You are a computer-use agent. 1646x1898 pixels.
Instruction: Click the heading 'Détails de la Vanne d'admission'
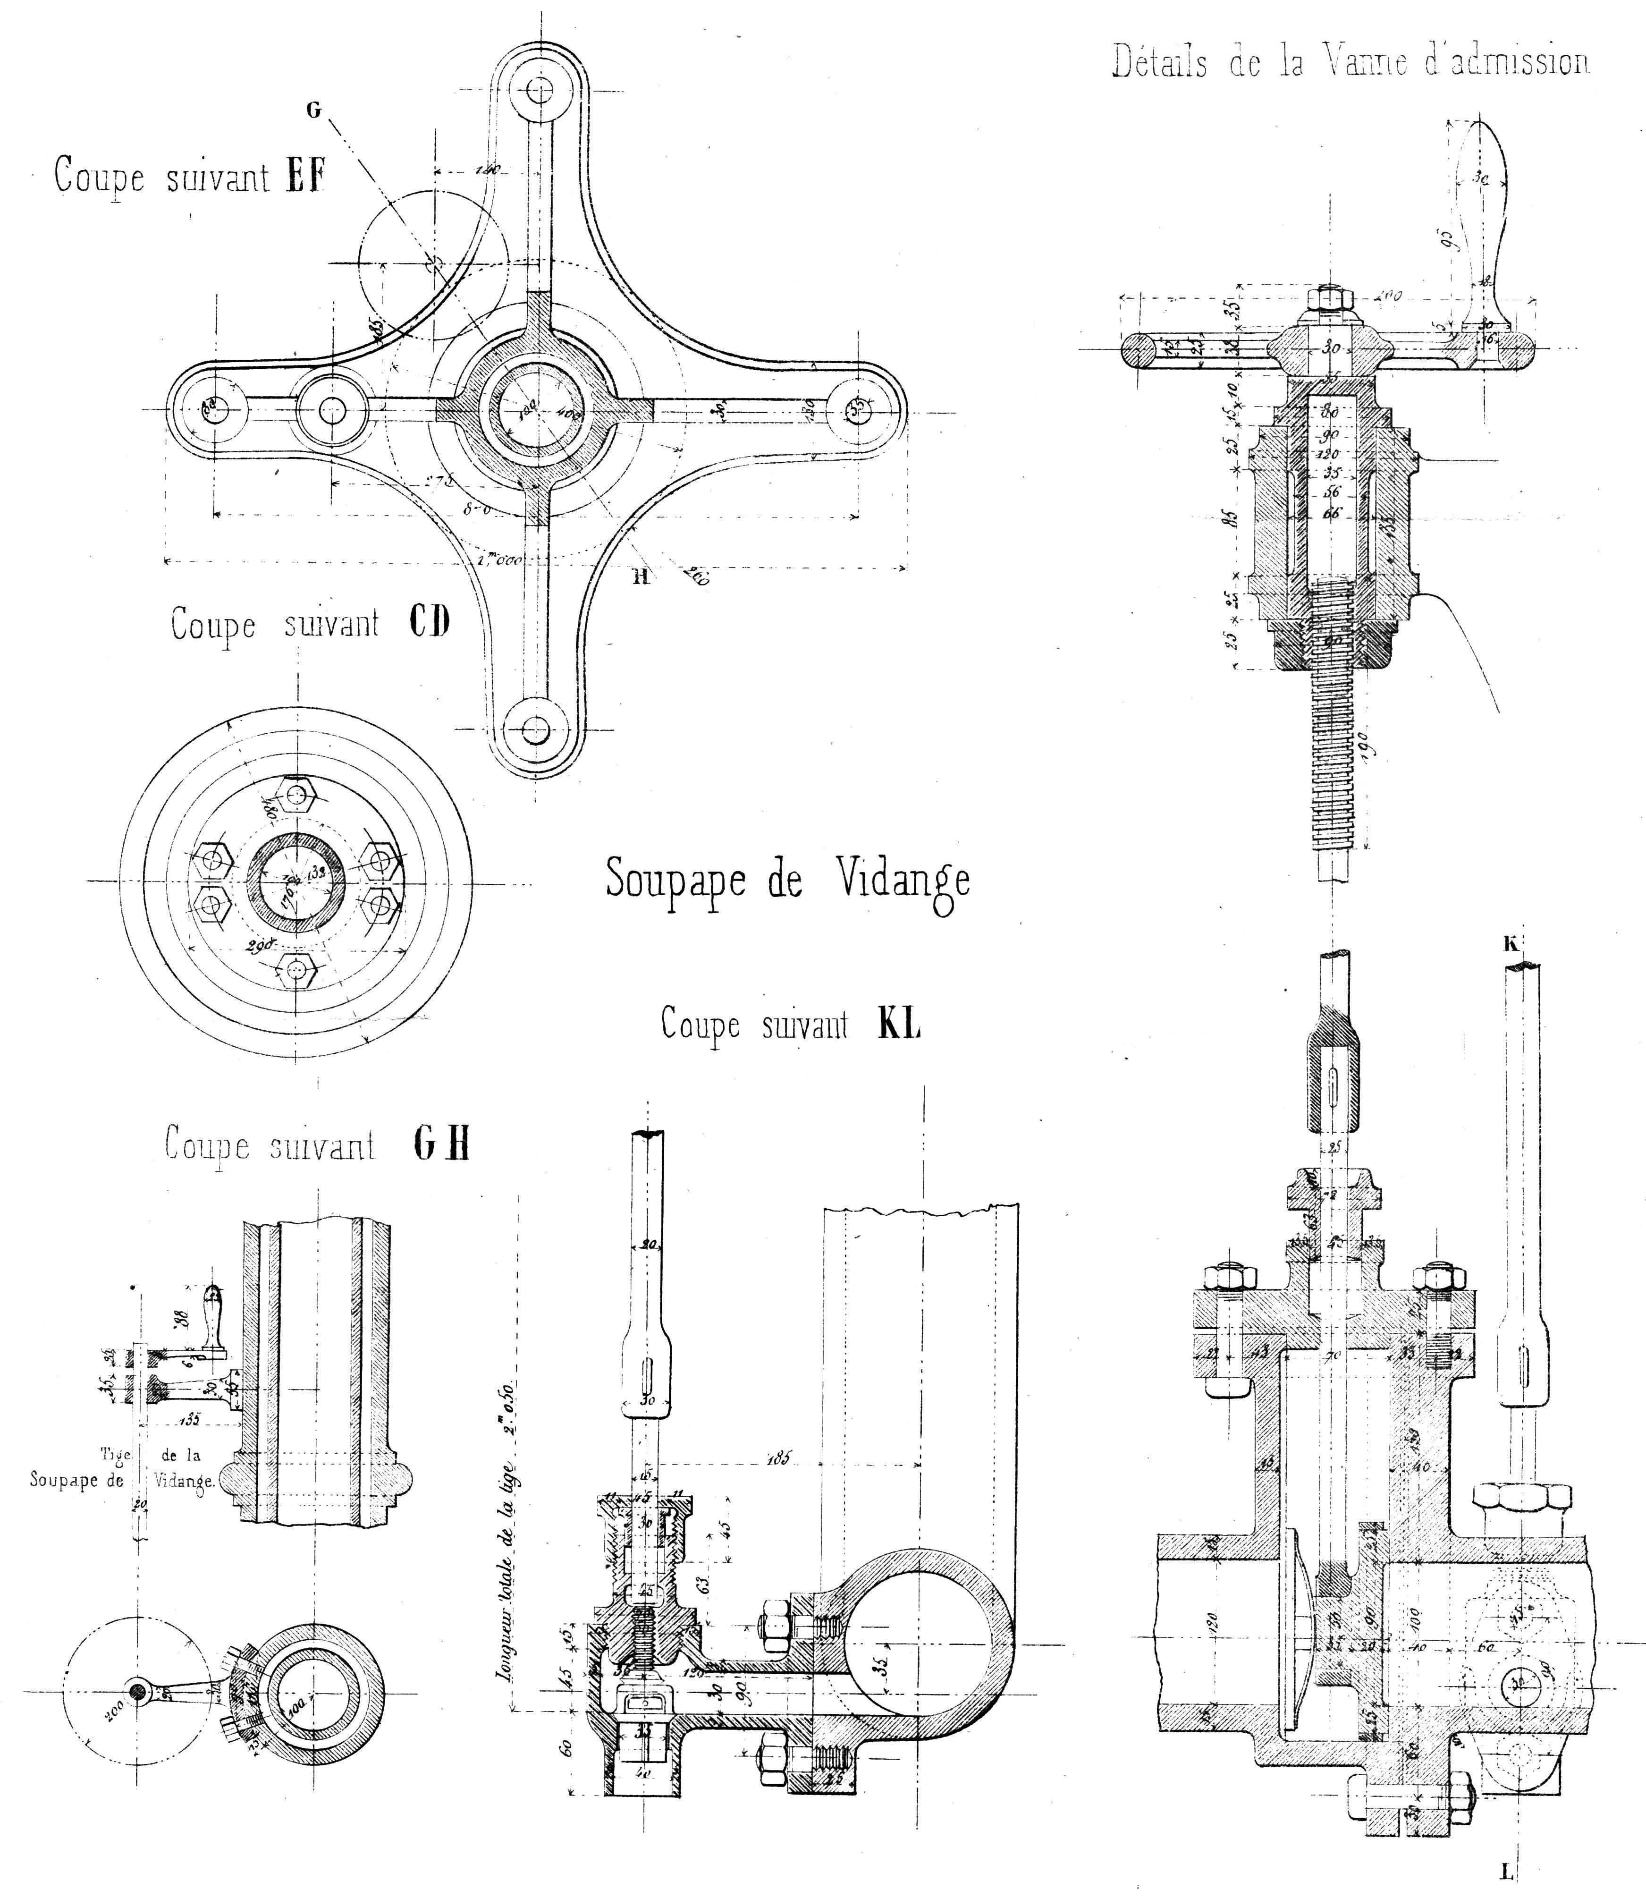click(x=1350, y=62)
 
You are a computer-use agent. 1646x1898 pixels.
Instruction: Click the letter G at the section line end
click(x=314, y=110)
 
